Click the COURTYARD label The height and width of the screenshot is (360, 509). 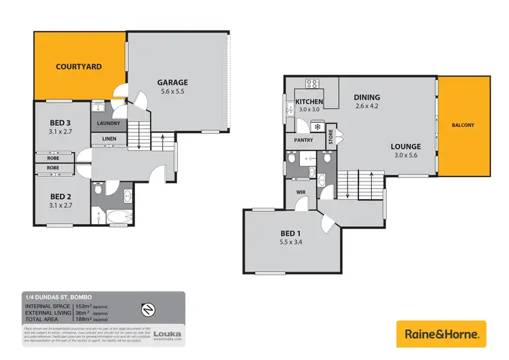click(79, 67)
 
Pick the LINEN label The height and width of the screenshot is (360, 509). click(109, 139)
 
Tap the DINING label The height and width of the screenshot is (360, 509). click(367, 97)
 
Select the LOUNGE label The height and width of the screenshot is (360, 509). click(405, 146)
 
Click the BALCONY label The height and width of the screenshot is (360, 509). click(464, 125)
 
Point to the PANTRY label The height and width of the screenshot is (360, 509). click(303, 141)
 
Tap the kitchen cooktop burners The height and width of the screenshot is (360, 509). click(312, 84)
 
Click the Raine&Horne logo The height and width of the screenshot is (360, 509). click(441, 334)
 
